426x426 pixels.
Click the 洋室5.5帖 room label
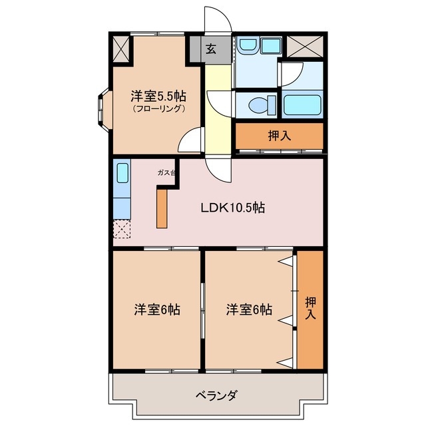pos(158,96)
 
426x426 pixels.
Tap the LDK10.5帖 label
pos(234,208)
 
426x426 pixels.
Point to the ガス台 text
pos(166,173)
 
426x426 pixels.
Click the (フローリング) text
pos(158,108)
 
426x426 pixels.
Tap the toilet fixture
pos(262,105)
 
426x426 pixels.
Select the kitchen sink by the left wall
pos(123,174)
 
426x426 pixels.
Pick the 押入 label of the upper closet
pos(280,136)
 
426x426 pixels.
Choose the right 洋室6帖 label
pos(248,310)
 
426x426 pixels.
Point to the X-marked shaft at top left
pos(122,48)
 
